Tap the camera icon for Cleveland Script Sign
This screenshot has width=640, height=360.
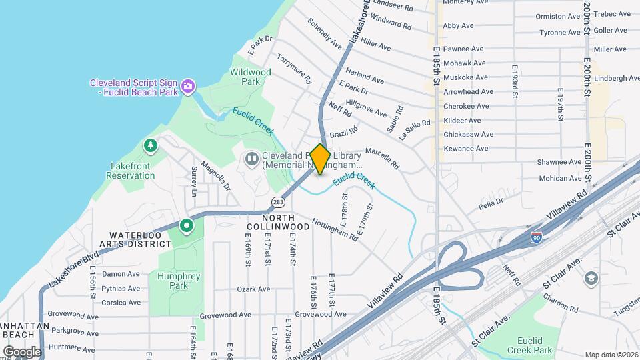188,85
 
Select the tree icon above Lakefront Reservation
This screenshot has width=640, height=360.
151,145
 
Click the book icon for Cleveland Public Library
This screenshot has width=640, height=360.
251,158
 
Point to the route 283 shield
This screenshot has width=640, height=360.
277,201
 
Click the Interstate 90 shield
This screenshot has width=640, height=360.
537,236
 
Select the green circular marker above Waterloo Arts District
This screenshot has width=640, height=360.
187,227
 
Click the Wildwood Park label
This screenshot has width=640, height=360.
250,77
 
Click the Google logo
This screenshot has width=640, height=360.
22,351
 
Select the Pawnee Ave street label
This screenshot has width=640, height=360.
463,49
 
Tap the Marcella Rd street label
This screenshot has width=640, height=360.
381,158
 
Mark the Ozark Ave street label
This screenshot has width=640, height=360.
253,289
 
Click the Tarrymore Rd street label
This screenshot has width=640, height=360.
295,68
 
